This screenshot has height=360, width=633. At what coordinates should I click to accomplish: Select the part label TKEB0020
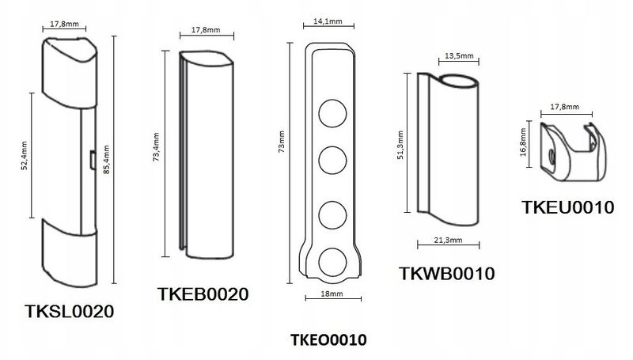tap(204, 294)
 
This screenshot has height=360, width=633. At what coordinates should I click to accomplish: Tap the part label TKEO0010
tap(328, 341)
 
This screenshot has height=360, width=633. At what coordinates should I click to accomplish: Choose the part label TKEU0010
tap(568, 207)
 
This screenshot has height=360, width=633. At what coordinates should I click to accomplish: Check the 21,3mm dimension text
tap(448, 241)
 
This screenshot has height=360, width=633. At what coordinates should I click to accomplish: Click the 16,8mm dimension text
tap(524, 145)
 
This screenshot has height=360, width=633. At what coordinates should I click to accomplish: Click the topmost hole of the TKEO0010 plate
tap(331, 111)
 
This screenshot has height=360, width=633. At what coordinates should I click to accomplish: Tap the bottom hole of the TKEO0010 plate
tap(331, 262)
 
